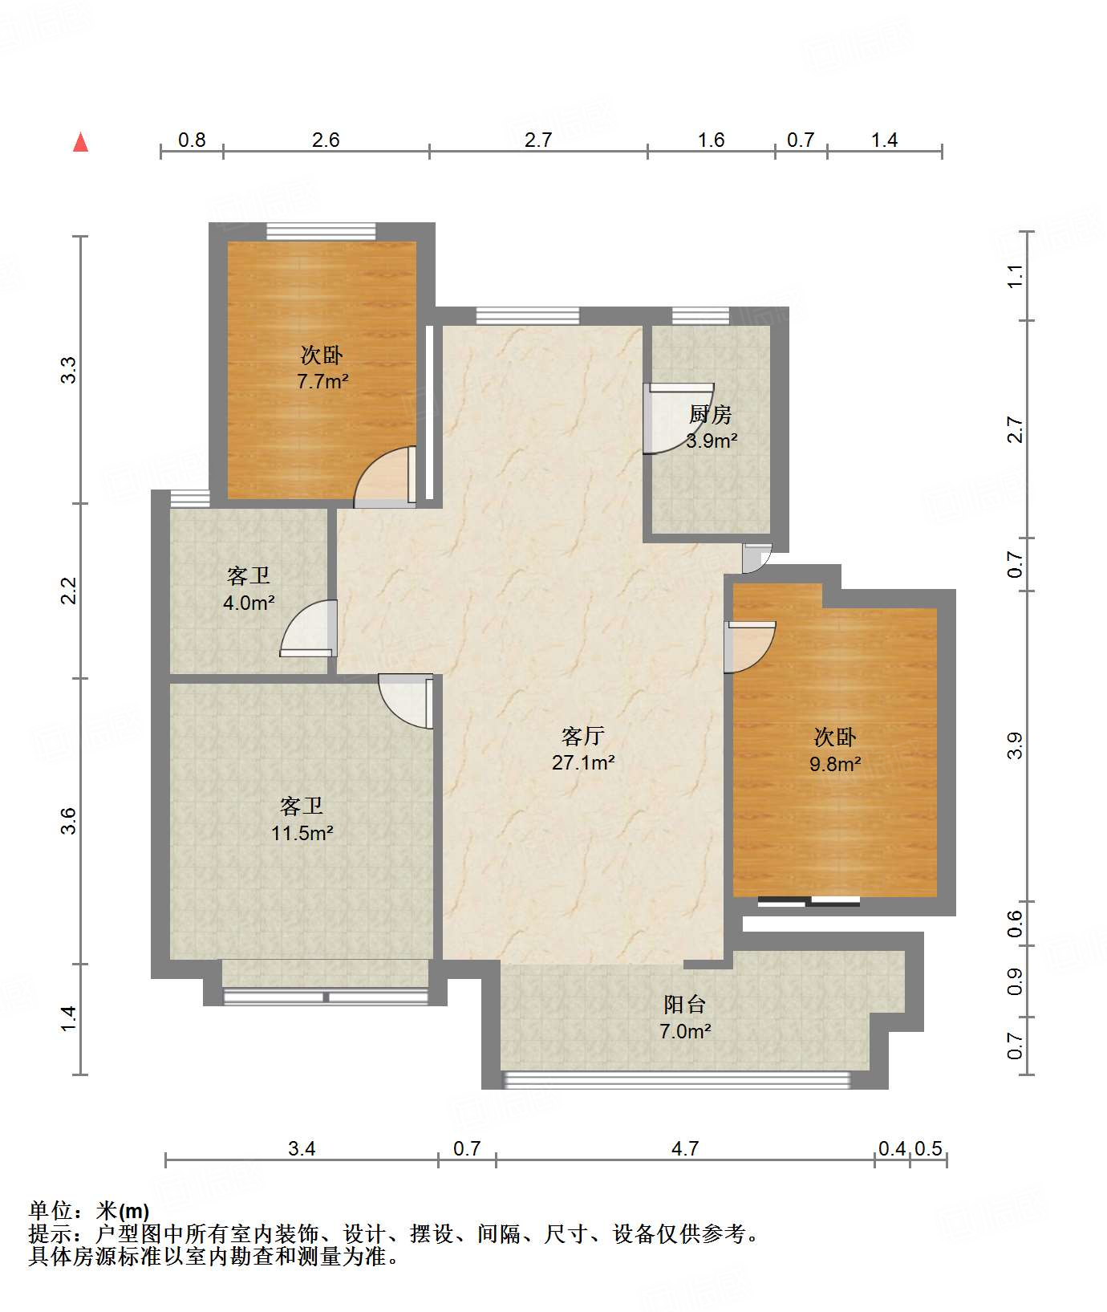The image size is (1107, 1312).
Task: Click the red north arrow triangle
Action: [80, 142]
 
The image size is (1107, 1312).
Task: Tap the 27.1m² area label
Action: [583, 762]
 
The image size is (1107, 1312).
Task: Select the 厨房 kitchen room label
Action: [711, 415]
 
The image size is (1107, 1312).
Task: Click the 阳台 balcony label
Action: [684, 1004]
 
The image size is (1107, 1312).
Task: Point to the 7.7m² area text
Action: [322, 381]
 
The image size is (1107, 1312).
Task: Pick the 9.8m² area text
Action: [835, 764]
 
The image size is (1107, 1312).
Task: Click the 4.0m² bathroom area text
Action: [249, 602]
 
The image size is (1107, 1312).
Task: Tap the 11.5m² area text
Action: [302, 833]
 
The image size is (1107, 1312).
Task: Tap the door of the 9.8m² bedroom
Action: [750, 646]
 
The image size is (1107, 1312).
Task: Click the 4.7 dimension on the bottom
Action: [685, 1148]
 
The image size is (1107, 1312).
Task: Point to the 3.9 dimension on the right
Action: [1016, 745]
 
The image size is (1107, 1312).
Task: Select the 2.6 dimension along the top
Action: [326, 140]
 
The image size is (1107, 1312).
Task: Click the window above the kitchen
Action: [701, 315]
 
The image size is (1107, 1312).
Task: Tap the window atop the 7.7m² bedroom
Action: [321, 231]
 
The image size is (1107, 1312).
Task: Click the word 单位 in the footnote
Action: [51, 1210]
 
